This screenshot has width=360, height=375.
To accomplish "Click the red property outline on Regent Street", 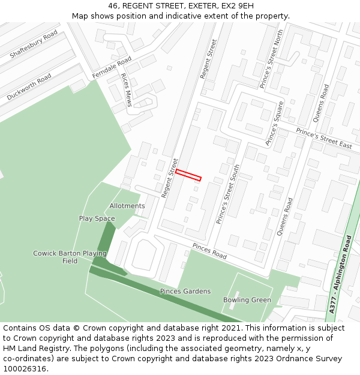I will (x=188, y=175).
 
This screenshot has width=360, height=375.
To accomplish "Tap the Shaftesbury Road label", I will (x=34, y=44).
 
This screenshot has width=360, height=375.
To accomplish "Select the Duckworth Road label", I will (x=29, y=87).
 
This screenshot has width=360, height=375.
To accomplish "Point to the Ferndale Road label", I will (x=112, y=67).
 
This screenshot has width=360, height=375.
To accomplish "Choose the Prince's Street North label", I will (x=271, y=60).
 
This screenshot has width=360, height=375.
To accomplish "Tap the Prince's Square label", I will (x=274, y=128).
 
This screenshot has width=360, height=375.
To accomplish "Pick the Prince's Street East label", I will (x=324, y=139).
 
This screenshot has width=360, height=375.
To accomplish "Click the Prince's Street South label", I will (x=228, y=194).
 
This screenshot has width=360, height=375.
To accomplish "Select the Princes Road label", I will (x=209, y=251).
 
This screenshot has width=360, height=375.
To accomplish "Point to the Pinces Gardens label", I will (x=185, y=291).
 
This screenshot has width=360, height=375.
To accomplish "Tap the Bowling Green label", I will (x=247, y=300).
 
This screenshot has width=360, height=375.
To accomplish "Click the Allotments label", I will (x=127, y=206).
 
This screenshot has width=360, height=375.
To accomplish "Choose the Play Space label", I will (x=97, y=218).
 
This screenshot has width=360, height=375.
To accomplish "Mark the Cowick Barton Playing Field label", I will (x=70, y=257).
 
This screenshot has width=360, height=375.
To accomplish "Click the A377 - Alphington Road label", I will (x=341, y=273).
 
